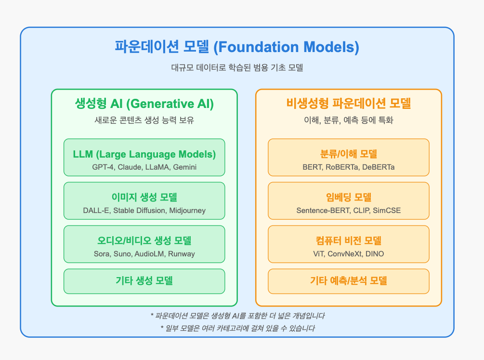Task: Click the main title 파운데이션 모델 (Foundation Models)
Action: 237,47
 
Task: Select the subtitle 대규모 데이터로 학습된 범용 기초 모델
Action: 237,67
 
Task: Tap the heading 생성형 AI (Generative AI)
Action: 144,104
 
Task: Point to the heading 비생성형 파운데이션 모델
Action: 349,103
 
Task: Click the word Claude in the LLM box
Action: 129,167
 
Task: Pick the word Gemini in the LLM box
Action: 184,167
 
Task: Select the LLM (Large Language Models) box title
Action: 144,154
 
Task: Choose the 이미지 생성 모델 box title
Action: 144,197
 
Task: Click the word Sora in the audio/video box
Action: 102,253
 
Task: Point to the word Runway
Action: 182,254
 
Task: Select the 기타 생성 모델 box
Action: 144,281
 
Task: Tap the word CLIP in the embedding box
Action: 362,211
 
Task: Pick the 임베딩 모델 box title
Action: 349,197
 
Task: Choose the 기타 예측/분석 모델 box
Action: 349,281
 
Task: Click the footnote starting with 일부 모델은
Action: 238,328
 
